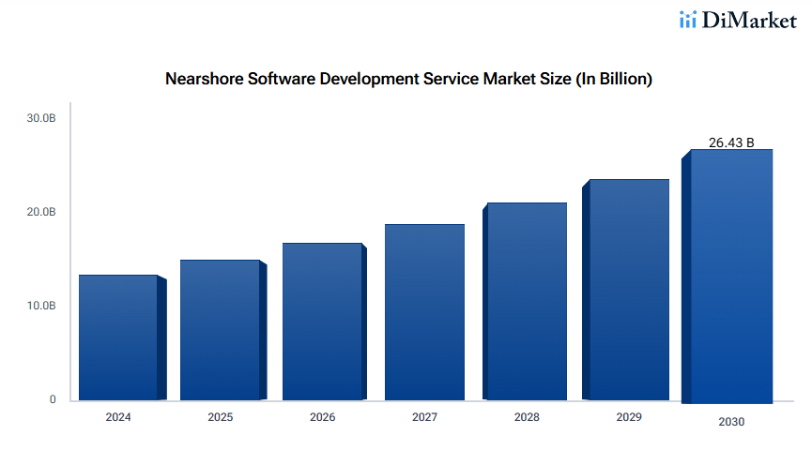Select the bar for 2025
(x=220, y=330)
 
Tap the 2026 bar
(x=322, y=322)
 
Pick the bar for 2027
(x=424, y=312)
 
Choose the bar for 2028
(x=527, y=302)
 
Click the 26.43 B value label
(x=731, y=142)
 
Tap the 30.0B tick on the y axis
(x=41, y=118)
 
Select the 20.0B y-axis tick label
(x=41, y=212)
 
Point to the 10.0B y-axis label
(x=41, y=306)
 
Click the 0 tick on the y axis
(x=53, y=399)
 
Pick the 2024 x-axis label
(x=118, y=417)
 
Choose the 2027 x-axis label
(x=424, y=417)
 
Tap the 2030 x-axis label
(x=731, y=422)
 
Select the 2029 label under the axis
(x=629, y=416)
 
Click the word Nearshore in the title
(x=204, y=80)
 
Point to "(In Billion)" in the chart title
(x=614, y=80)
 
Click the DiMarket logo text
(x=749, y=20)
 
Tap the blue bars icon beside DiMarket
(x=688, y=20)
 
